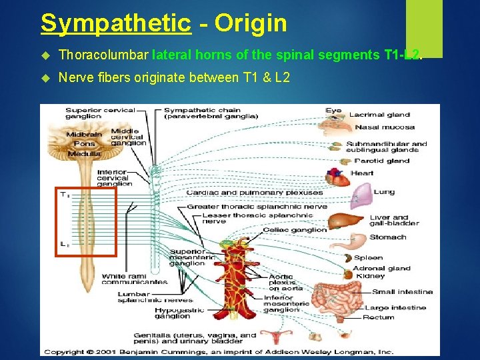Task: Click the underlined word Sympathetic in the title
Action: (x=116, y=24)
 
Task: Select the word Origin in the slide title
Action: (x=251, y=24)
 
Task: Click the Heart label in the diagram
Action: (x=362, y=173)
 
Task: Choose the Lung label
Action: (x=384, y=192)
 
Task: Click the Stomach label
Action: (x=387, y=237)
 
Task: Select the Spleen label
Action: (x=369, y=257)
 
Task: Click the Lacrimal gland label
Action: (x=379, y=115)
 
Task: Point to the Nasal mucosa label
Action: (x=385, y=127)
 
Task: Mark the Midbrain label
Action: (x=84, y=135)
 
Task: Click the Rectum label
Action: (x=379, y=317)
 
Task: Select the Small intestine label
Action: (x=402, y=291)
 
